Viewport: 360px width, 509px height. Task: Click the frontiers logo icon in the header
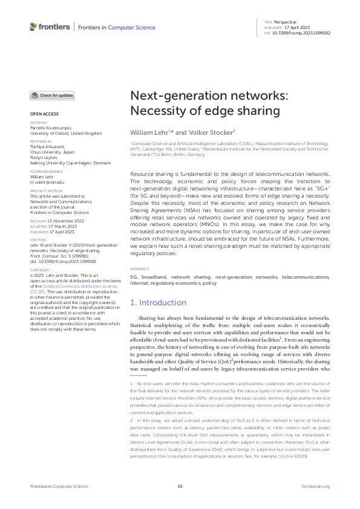click(x=33, y=27)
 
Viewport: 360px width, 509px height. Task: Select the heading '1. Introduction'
click(x=159, y=302)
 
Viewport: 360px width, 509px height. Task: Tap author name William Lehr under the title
click(x=149, y=132)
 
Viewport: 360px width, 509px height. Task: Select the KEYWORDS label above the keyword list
click(x=140, y=269)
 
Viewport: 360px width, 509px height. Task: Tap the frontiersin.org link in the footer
click(x=315, y=486)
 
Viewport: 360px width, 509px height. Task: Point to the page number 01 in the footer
click(x=180, y=486)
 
